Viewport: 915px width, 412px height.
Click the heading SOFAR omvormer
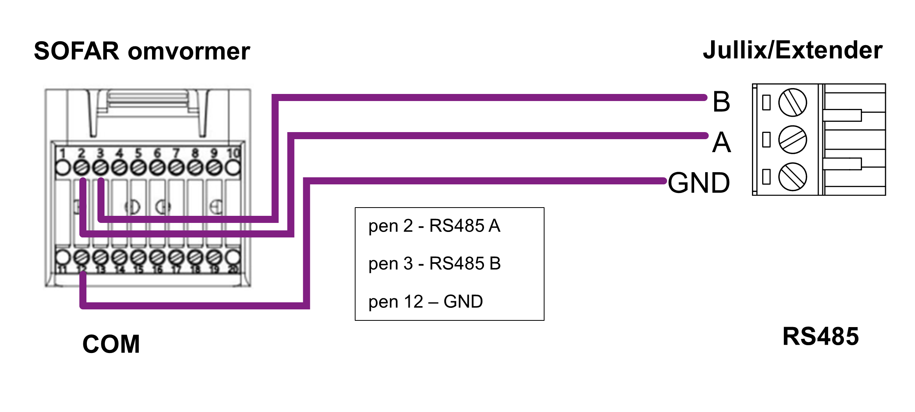pos(142,51)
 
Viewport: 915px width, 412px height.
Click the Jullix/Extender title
pos(792,50)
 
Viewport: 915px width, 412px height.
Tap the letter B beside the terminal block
pos(721,102)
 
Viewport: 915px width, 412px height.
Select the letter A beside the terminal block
pos(722,142)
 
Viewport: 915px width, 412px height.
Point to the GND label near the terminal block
pos(699,183)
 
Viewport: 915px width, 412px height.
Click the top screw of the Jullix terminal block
pos(792,103)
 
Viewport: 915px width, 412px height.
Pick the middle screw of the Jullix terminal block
pos(792,140)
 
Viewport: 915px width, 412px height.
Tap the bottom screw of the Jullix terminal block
pos(792,177)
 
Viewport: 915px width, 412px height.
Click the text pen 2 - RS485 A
pos(434,226)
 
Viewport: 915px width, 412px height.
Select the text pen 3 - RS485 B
pos(435,263)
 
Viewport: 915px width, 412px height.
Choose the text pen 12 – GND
pos(425,302)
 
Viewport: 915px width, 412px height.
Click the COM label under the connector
pos(111,344)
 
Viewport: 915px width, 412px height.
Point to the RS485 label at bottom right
pos(821,337)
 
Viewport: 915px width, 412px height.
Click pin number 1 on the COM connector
pos(62,153)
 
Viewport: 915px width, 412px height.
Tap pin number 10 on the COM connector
pos(233,153)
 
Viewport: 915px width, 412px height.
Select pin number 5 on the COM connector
pos(138,153)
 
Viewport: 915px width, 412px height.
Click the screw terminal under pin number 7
pos(176,168)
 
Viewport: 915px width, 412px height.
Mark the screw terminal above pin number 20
pos(233,257)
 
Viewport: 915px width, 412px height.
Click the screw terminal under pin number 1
pos(62,168)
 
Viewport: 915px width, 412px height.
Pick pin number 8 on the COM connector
pos(195,153)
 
